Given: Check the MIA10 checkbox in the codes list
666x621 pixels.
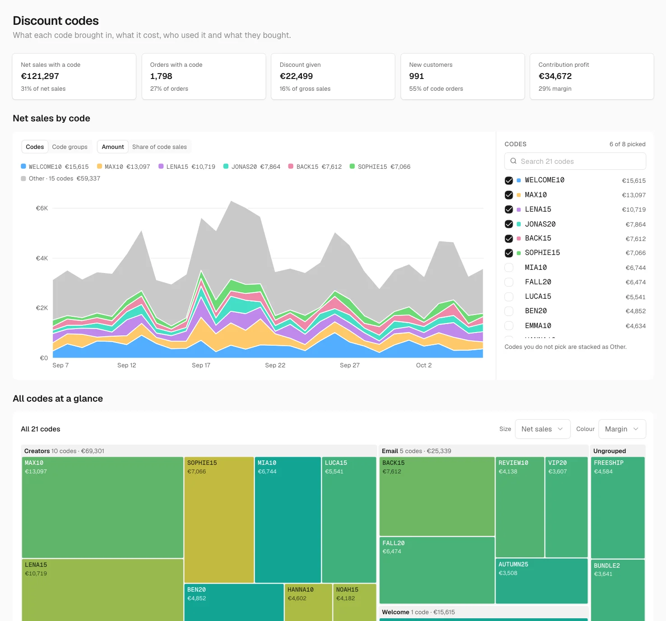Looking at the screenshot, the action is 509,267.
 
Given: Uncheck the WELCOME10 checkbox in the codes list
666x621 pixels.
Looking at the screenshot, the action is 509,180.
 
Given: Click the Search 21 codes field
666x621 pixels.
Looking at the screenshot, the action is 575,161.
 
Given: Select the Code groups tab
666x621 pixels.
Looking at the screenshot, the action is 70,147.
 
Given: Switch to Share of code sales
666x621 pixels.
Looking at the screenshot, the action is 159,147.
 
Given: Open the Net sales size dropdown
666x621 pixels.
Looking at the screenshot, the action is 542,429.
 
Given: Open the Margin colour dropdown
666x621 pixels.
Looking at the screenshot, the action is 622,429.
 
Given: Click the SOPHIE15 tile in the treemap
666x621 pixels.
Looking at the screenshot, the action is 219,519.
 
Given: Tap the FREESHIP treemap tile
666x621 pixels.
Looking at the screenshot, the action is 618,507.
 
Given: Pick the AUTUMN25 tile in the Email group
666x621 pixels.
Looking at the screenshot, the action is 541,581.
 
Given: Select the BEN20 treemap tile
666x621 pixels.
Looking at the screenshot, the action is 234,602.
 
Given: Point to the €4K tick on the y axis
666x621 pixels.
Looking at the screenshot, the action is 42,258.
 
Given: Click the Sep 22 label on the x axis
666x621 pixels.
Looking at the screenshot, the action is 275,365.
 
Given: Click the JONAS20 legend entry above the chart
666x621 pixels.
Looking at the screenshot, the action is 252,167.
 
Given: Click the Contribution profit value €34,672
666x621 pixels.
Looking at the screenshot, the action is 555,76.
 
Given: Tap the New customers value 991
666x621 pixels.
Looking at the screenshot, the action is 416,76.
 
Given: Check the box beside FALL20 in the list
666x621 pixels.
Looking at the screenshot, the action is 509,282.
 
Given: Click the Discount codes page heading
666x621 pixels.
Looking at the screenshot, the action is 55,21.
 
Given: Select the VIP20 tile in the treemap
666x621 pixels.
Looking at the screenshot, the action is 566,507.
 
